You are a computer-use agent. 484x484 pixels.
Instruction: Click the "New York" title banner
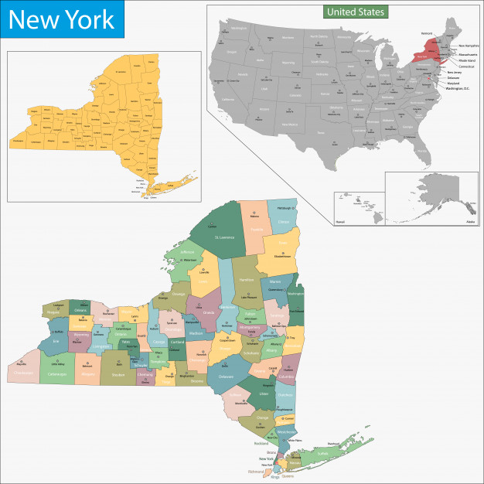pyautogui.click(x=62, y=19)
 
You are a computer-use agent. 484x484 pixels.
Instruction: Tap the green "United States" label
pyautogui.click(x=355, y=12)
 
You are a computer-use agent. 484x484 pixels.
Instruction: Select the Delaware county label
pyautogui.click(x=225, y=376)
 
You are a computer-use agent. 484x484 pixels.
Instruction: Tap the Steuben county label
pyautogui.click(x=118, y=375)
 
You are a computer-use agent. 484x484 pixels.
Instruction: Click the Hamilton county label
pyautogui.click(x=246, y=279)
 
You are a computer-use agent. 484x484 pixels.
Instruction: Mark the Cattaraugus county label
pyautogui.click(x=57, y=374)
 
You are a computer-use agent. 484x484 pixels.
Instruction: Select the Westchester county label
pyautogui.click(x=285, y=431)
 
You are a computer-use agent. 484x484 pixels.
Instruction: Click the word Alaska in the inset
pyautogui.click(x=470, y=222)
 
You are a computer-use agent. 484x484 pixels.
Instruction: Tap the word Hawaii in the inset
pyautogui.click(x=341, y=221)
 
